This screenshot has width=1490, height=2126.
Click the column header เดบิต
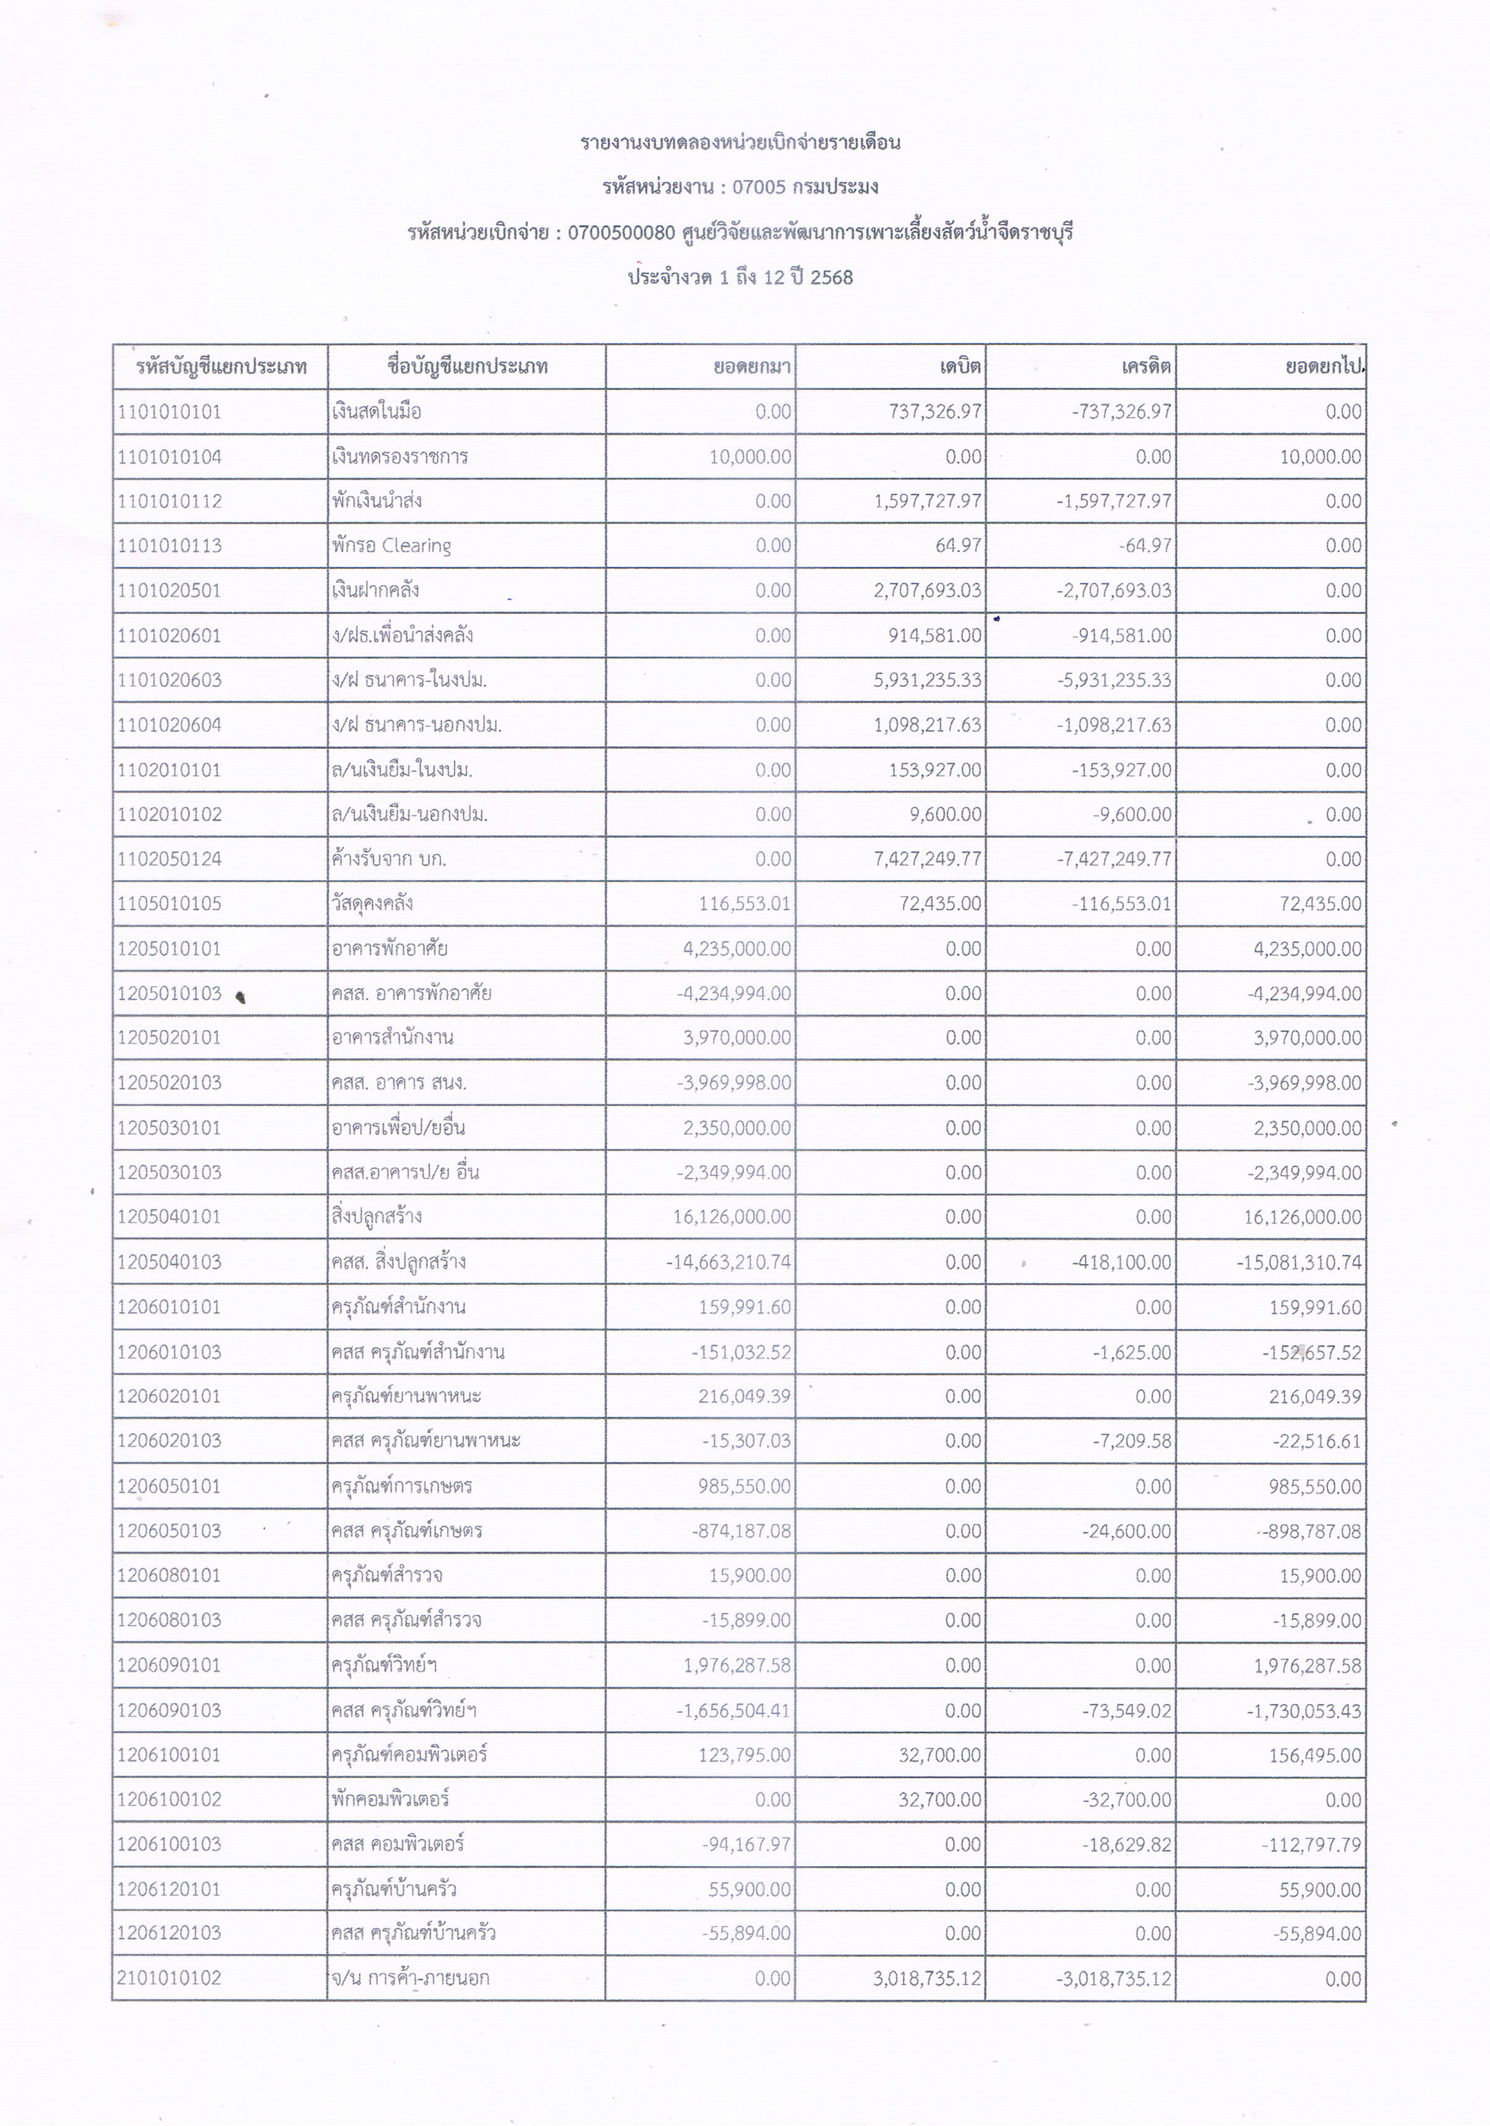click(960, 367)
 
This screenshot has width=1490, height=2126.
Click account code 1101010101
click(169, 412)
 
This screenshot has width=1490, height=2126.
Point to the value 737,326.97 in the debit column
click(935, 412)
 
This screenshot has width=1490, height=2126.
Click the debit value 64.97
click(958, 545)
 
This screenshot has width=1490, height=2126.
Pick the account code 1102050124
click(169, 859)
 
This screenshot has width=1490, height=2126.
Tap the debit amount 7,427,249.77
click(927, 859)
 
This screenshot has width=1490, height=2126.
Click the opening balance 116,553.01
click(745, 904)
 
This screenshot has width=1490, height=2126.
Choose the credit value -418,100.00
click(1121, 1262)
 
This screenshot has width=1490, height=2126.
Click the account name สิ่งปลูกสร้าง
click(377, 1216)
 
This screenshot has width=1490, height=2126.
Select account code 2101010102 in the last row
click(169, 1979)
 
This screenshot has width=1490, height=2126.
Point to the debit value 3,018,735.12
click(927, 1979)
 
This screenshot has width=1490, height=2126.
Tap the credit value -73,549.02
click(1126, 1710)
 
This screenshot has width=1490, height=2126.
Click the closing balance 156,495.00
click(1315, 1755)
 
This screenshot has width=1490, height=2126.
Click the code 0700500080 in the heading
click(622, 233)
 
